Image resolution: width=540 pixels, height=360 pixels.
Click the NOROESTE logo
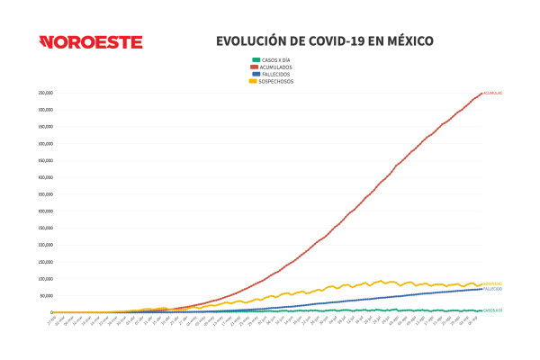point(91,42)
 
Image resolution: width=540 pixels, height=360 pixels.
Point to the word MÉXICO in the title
point(406,41)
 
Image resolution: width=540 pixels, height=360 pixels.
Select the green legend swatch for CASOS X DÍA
point(255,59)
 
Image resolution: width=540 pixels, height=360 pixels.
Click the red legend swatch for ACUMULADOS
point(255,67)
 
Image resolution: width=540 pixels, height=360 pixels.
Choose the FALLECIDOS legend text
point(275,74)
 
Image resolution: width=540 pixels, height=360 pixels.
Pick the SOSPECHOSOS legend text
point(277,81)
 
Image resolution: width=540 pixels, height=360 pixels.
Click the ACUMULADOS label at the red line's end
point(493,93)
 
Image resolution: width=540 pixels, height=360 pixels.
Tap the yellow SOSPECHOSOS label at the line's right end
point(492,283)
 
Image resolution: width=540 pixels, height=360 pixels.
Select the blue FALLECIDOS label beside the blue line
point(492,289)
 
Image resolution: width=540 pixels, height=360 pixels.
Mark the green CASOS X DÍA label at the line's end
point(492,310)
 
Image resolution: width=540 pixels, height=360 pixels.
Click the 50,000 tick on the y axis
point(44,295)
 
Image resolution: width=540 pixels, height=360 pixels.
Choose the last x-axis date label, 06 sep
point(478,320)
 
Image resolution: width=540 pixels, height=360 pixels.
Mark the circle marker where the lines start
point(51,312)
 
